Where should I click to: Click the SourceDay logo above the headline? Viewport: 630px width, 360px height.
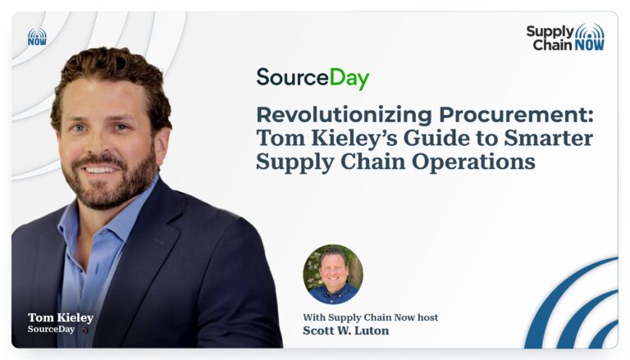pos(313,79)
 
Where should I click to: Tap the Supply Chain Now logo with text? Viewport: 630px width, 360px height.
pos(565,38)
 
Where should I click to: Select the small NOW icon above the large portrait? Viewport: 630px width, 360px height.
pos(37,37)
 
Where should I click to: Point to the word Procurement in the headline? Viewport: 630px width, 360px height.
pos(516,115)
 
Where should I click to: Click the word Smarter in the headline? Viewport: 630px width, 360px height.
pos(549,139)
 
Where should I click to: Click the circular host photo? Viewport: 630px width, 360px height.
pos(333,275)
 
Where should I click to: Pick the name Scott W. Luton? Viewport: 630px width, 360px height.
pos(345,330)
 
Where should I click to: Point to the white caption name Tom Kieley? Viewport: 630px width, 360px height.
pos(61,318)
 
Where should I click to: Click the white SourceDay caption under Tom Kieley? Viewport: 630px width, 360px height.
pos(51,329)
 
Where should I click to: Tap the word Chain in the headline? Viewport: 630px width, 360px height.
pos(373,162)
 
